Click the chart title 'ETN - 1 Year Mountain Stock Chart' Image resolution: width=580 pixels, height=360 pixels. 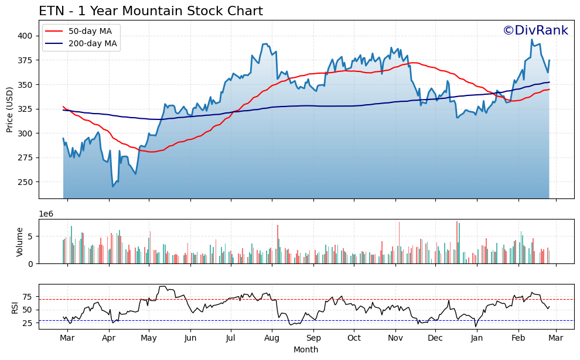tap(151, 11)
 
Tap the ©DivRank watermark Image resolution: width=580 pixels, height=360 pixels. tap(535, 30)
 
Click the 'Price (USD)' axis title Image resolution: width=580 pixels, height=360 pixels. tap(10, 109)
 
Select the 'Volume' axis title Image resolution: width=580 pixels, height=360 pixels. tap(19, 242)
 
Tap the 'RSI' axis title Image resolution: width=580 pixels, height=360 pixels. tap(15, 307)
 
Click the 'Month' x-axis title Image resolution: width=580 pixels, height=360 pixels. tap(306, 350)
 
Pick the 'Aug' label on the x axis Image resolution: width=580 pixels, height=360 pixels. tap(272, 338)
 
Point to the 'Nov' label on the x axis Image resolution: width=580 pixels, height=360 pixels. tap(395, 338)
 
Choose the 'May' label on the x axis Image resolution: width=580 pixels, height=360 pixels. tap(149, 338)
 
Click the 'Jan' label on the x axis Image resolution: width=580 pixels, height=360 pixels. tap(477, 338)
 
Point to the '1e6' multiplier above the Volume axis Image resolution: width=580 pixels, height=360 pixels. tap(46, 214)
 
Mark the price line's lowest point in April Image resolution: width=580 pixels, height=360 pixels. tap(113, 187)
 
